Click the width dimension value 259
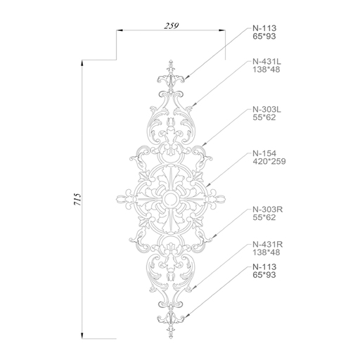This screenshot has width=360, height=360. pyautogui.click(x=172, y=25)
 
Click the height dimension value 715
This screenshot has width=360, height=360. pyautogui.click(x=77, y=200)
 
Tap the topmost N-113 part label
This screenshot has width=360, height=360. pyautogui.click(x=264, y=28)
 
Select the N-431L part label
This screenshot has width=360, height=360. pyautogui.click(x=266, y=62)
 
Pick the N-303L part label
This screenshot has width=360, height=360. pyautogui.click(x=266, y=110)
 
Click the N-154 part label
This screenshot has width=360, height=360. pyautogui.click(x=264, y=153)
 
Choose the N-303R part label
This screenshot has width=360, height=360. pyautogui.click(x=268, y=210)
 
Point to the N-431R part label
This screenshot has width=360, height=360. pyautogui.click(x=268, y=245)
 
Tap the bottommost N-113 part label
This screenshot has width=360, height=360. pyautogui.click(x=264, y=266)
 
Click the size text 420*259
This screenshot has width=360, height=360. pyautogui.click(x=269, y=162)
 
